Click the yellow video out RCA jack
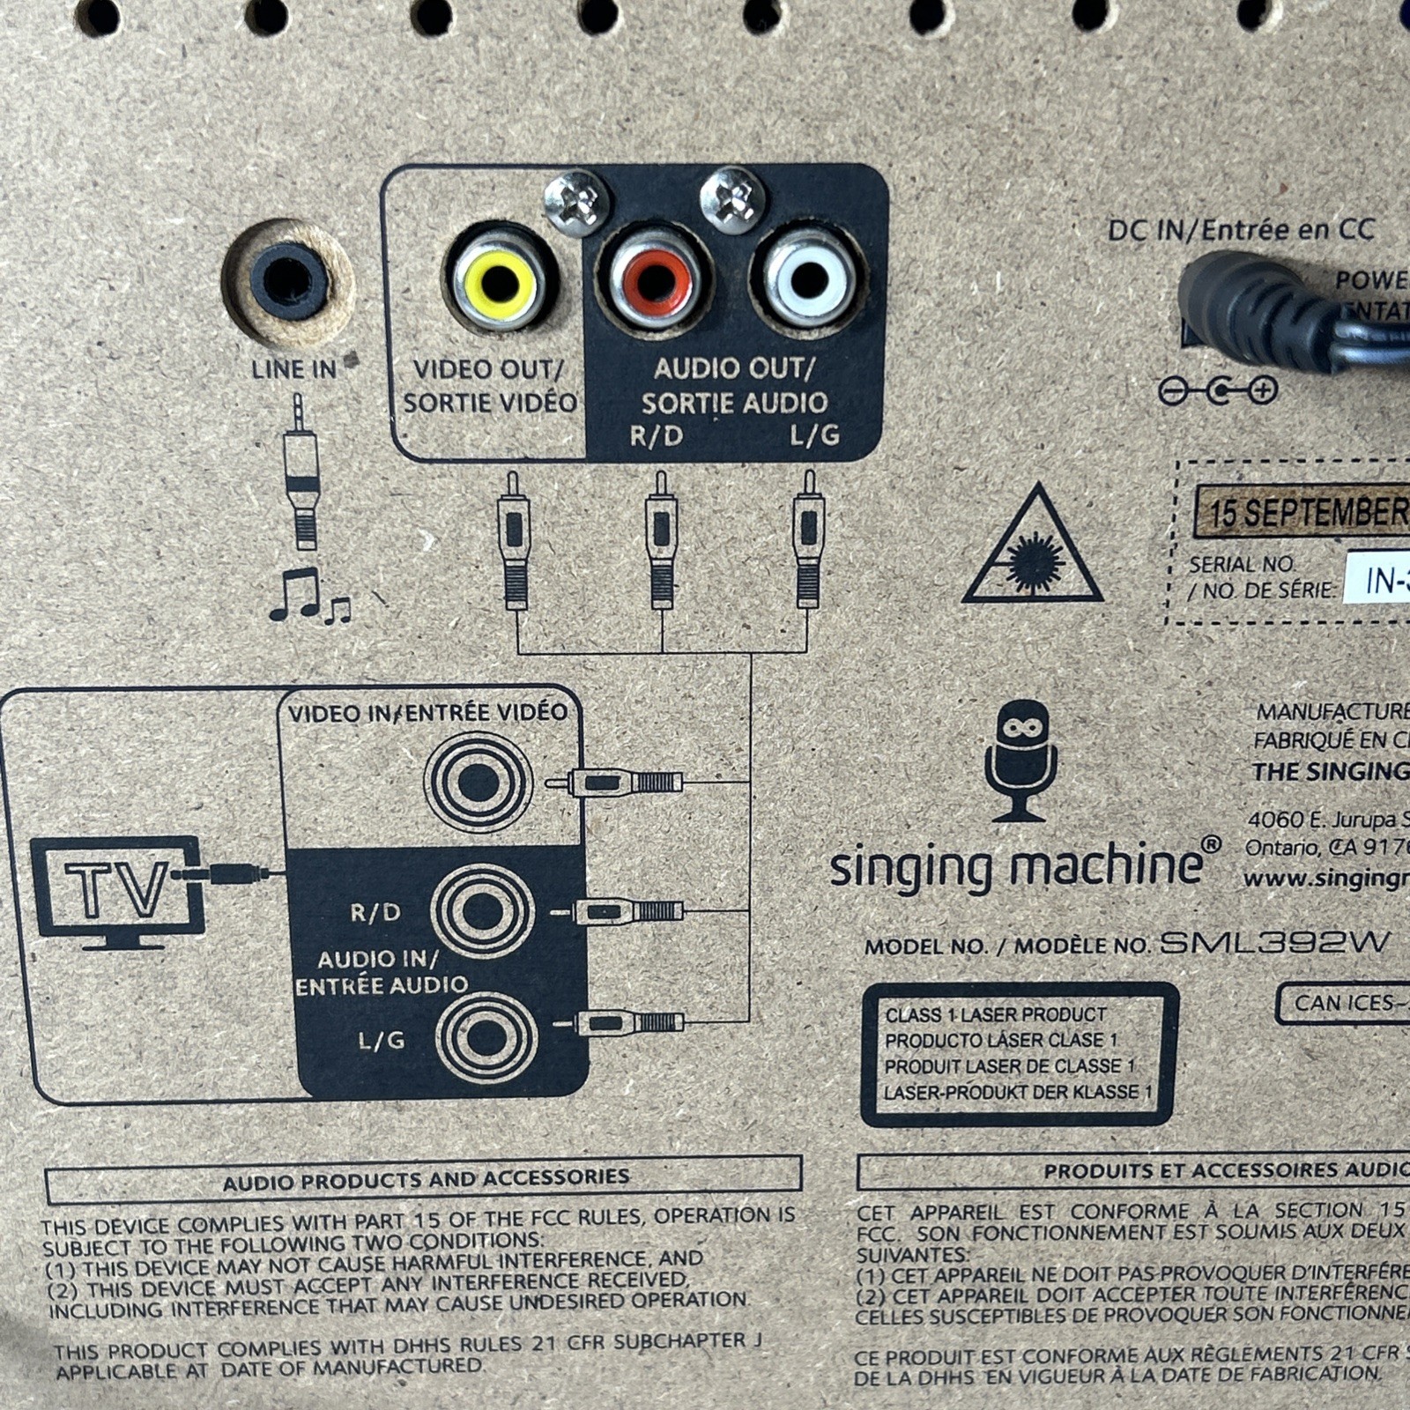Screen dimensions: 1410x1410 click(499, 283)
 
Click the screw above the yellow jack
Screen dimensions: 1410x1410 click(576, 204)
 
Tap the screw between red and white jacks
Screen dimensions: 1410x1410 click(731, 200)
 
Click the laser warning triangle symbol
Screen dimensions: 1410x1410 click(1032, 549)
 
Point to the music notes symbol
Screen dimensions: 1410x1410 click(308, 597)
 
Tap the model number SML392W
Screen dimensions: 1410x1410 click(1273, 943)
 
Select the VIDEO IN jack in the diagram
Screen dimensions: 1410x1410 click(479, 782)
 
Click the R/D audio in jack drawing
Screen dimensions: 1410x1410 click(483, 911)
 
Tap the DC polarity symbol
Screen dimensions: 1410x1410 click(1218, 390)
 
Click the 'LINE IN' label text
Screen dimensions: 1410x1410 click(293, 369)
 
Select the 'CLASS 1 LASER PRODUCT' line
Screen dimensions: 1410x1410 click(995, 1015)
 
